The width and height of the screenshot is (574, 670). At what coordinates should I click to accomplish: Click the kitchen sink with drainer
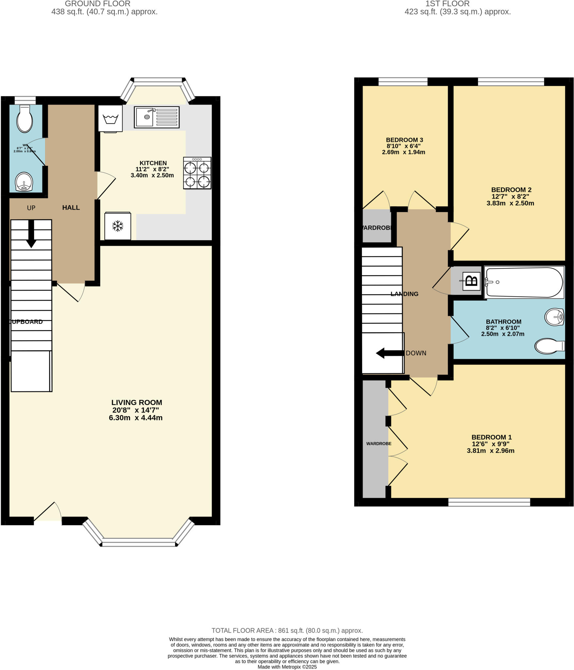[156, 117]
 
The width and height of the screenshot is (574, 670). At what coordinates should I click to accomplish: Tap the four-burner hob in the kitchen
[197, 173]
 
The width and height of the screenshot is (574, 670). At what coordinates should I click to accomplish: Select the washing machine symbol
[111, 118]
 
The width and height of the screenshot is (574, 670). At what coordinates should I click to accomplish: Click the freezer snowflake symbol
[117, 226]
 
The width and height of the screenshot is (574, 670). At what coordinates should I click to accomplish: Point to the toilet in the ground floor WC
[25, 119]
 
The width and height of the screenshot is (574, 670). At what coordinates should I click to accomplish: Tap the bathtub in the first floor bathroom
[524, 282]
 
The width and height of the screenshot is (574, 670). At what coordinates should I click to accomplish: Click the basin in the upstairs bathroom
[554, 317]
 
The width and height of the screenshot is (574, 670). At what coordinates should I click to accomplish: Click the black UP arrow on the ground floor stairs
[31, 234]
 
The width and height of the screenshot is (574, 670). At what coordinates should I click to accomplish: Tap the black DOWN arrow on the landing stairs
[389, 353]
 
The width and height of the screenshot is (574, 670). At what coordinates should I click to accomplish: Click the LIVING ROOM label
[136, 403]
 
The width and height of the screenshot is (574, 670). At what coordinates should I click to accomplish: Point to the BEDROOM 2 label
[511, 190]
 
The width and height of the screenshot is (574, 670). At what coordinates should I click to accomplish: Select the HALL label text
[71, 207]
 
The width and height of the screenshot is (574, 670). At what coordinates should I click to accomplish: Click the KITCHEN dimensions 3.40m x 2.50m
[152, 175]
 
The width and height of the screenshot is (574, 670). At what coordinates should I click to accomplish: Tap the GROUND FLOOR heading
[98, 4]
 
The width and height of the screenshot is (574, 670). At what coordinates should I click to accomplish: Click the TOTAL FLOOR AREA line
[287, 630]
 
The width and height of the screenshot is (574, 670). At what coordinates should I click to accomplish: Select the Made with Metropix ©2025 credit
[287, 667]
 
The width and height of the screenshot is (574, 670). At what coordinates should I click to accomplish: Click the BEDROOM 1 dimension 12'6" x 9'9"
[491, 444]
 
